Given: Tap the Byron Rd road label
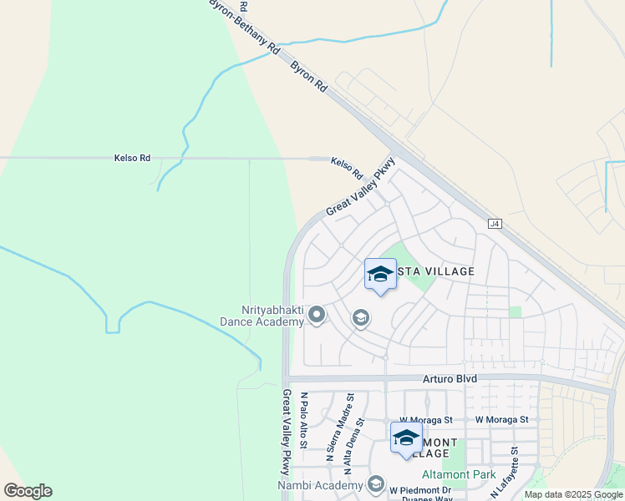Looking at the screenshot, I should (308, 76).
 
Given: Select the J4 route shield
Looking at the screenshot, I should (494, 224).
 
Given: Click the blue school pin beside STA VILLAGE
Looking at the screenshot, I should (380, 275).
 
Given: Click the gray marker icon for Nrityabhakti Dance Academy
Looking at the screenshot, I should (317, 315).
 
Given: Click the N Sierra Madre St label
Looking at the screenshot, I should (330, 428).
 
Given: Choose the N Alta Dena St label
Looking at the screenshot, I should (348, 441).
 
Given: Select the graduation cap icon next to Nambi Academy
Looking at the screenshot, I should (376, 485).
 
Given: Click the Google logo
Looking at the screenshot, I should (28, 491).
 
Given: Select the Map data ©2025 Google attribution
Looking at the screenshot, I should (573, 494).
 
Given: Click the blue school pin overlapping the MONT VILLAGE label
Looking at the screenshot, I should (406, 438).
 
